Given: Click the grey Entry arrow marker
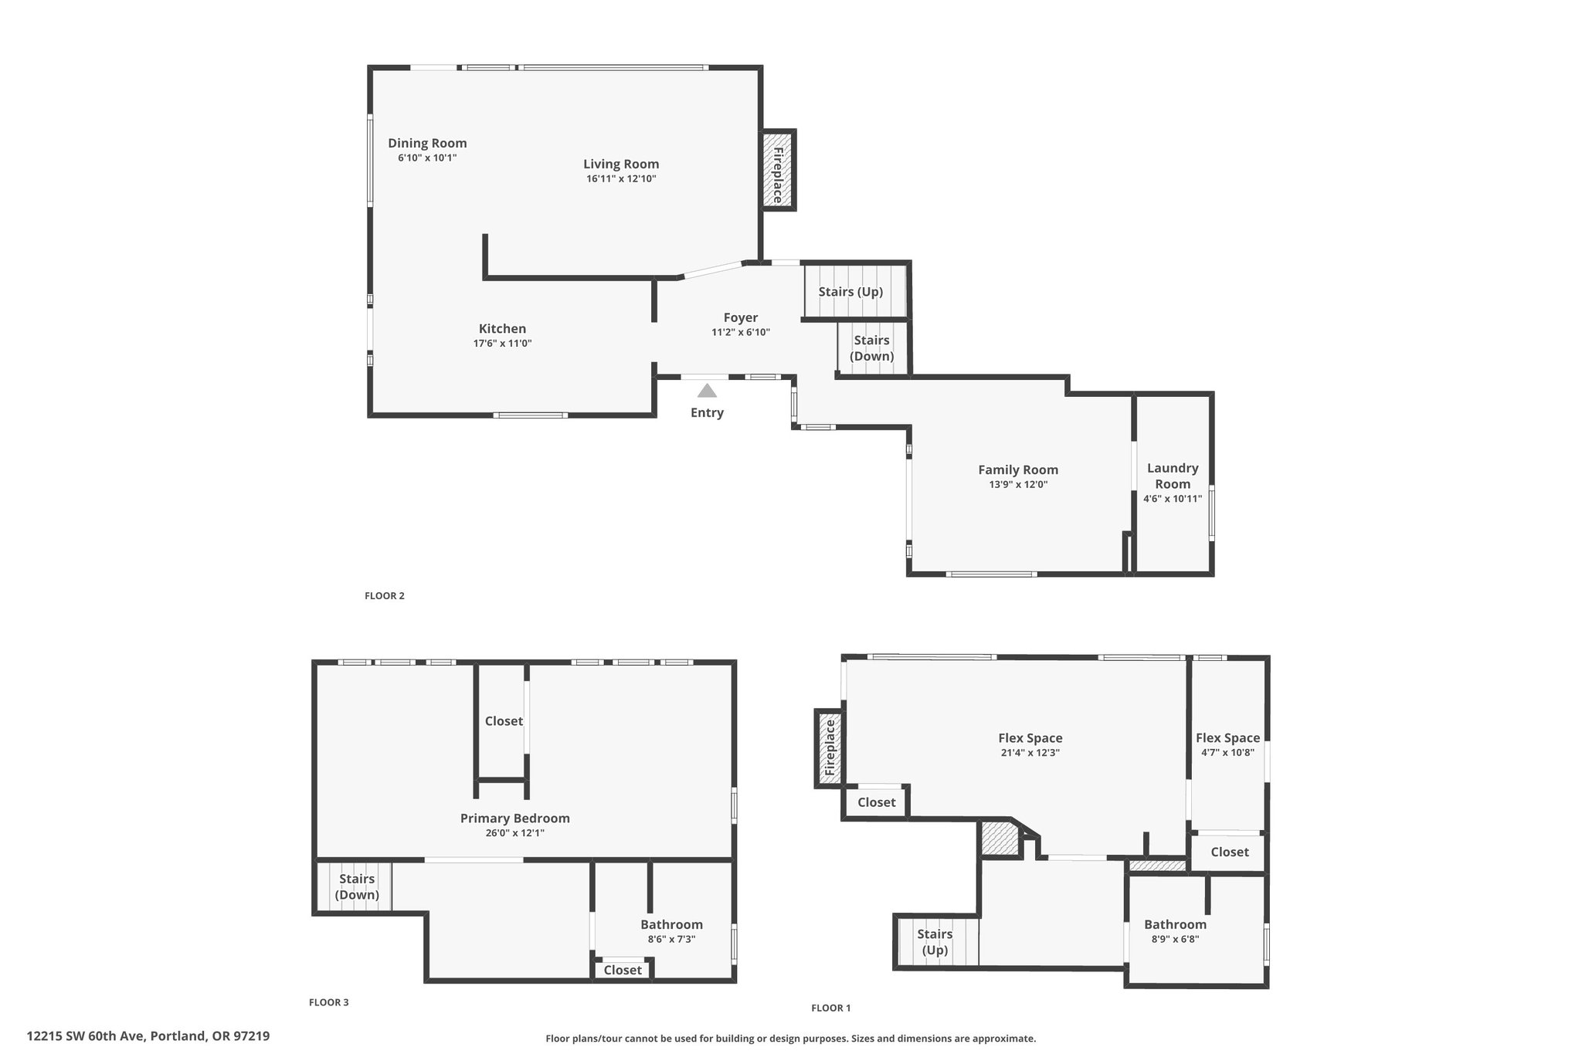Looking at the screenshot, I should point(707,391).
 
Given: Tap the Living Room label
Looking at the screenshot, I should point(621,164).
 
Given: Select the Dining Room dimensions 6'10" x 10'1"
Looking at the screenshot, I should point(427,158).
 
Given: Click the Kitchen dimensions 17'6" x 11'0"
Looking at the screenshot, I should point(502,344).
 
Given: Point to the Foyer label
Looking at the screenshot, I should point(740,317).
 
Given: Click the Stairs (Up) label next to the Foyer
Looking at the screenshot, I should point(850,292).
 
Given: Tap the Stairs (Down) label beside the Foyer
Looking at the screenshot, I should point(871,348).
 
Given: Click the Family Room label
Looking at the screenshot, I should point(1018,469).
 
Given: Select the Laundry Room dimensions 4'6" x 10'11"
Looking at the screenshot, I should point(1173,499).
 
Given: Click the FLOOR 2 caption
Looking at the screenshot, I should point(385,596).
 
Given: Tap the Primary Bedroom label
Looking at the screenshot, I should point(514,818).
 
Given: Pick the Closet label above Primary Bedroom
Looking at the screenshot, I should point(504,721).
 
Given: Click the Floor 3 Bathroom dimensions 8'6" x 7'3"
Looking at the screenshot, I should point(671,939).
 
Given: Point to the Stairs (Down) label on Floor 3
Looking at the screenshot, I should point(357,886).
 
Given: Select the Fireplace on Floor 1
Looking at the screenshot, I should point(830,747).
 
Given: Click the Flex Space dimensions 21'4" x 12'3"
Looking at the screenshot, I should point(1030,753).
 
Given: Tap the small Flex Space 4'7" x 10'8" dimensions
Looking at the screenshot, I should point(1227,753).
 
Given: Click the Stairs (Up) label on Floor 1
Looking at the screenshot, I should point(935,942).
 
